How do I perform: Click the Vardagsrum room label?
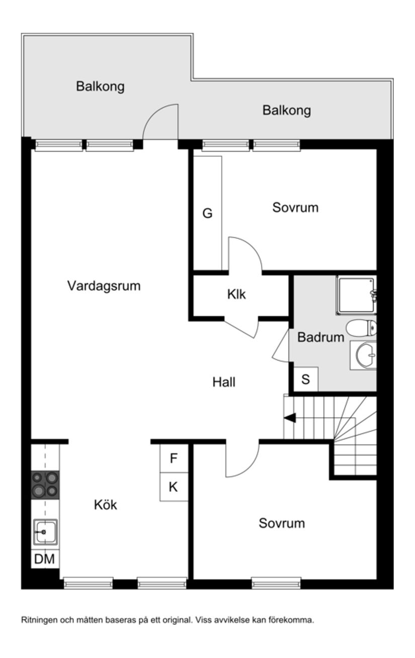(104, 286)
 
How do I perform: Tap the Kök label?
(105, 505)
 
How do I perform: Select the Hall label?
(224, 382)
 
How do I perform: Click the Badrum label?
(320, 337)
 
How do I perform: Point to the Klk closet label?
(236, 295)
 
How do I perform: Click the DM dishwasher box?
(45, 559)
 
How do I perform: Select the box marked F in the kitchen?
(174, 458)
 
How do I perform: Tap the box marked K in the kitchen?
(174, 487)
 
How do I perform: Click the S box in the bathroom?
(305, 380)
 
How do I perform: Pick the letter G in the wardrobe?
(207, 214)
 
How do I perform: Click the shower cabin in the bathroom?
(356, 295)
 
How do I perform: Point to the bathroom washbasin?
(365, 355)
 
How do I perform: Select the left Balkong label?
(100, 86)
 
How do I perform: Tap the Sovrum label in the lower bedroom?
(282, 523)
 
